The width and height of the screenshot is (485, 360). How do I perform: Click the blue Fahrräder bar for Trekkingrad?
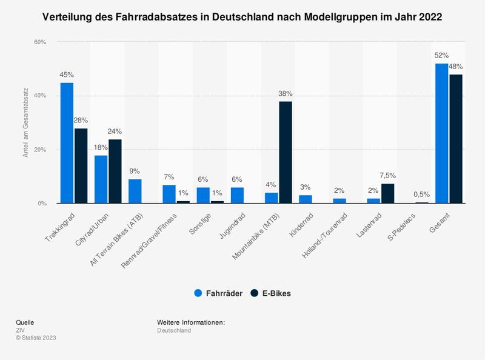pos(67,143)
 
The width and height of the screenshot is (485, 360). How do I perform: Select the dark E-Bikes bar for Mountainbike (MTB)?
pos(285,153)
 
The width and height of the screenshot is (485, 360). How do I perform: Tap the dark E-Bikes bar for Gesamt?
pos(455,139)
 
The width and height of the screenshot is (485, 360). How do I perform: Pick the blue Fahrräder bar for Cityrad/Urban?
pos(101,179)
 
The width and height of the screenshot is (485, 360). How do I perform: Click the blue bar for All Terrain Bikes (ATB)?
pos(135,192)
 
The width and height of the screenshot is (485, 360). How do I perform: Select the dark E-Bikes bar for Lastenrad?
pos(387,193)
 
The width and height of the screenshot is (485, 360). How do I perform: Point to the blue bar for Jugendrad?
pos(238,195)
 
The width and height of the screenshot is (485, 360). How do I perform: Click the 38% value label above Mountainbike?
pos(285,94)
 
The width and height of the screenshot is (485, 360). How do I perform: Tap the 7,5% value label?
pos(388,176)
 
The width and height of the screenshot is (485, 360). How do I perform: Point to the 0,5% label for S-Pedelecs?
pos(422,195)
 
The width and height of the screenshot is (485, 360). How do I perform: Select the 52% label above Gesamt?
pos(441,55)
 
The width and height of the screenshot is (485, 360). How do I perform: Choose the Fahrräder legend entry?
pos(219,293)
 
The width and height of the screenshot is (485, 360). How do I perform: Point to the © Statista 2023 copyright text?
pos(36,338)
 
